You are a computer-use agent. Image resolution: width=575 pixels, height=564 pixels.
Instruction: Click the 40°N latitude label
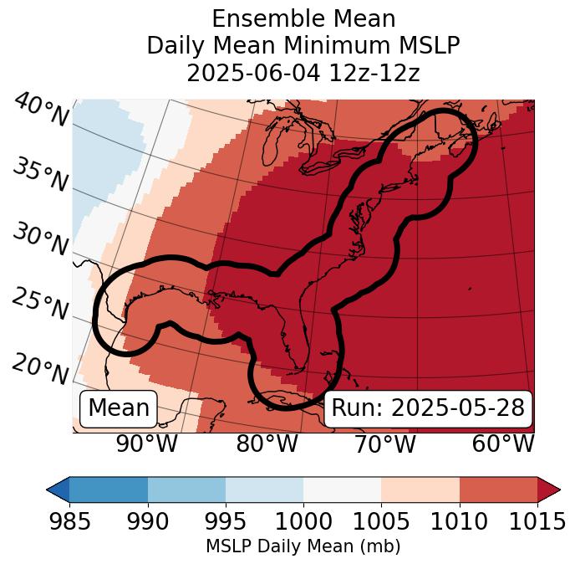point(41,110)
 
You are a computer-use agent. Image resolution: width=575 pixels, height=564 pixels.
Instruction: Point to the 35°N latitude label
point(39,174)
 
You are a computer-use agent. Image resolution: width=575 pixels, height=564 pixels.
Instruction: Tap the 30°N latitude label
point(39,239)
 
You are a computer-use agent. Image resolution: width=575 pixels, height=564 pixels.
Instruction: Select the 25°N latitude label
point(39,304)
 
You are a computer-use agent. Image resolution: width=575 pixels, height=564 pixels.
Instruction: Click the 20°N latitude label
point(39,368)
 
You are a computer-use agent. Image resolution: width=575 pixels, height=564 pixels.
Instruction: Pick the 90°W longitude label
point(146,444)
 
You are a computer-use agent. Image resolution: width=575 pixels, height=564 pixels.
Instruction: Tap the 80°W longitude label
point(267,444)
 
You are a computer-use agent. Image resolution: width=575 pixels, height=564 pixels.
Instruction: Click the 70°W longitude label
point(384,444)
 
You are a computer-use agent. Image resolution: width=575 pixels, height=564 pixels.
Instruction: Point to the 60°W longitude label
point(503,444)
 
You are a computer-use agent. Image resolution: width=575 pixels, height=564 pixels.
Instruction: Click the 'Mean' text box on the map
point(119,408)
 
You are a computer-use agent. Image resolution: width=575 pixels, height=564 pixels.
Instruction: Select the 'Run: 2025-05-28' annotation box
point(428,408)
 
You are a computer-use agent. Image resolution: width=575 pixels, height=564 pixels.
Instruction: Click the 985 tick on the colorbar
point(69,521)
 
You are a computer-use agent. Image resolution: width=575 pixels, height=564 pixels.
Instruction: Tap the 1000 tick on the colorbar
point(303,521)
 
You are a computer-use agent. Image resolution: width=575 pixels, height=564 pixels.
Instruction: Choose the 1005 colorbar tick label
point(381,521)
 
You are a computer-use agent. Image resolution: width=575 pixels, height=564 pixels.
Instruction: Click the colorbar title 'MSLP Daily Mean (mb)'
point(303,546)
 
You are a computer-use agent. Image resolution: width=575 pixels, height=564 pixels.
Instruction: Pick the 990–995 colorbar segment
point(186,489)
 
